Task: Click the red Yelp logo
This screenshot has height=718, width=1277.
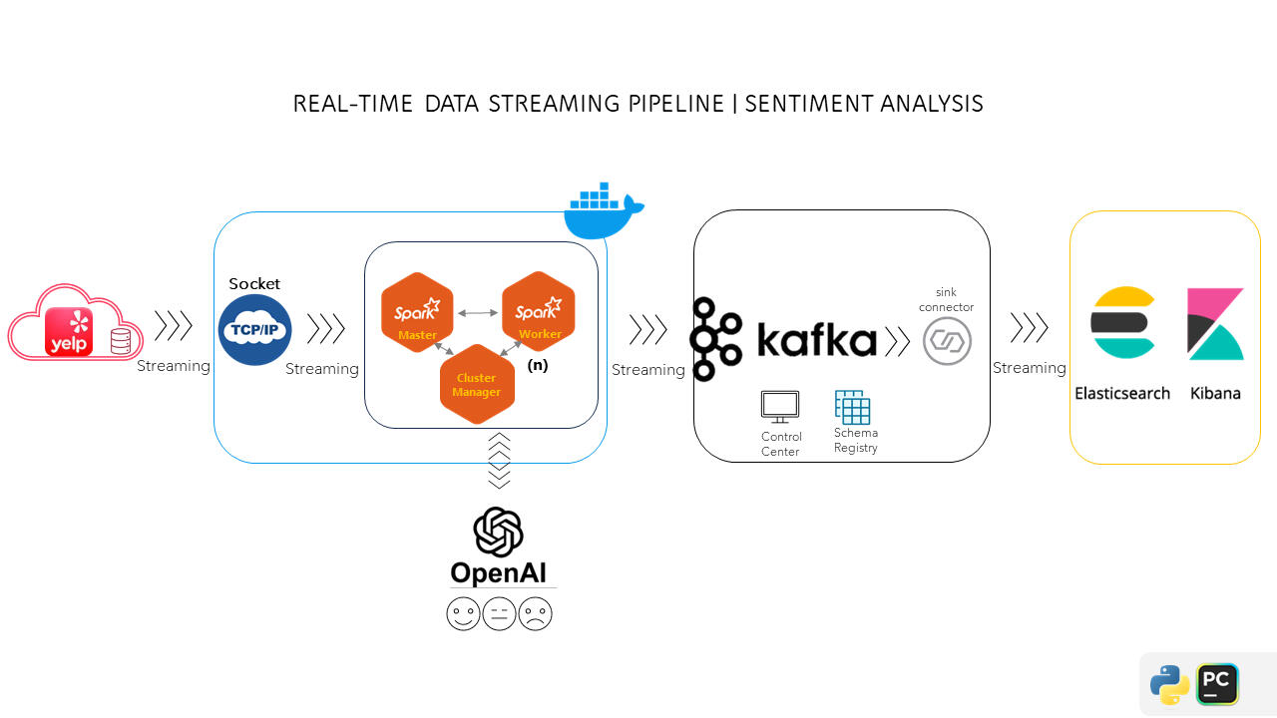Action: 69,331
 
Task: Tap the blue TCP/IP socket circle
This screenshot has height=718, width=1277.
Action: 254,329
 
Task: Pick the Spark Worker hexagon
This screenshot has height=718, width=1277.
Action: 539,311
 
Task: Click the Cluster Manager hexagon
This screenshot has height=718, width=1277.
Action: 477,384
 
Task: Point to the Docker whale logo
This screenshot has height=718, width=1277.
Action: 603,212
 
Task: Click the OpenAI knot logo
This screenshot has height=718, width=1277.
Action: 499,532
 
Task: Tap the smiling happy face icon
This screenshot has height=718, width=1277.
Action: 463,613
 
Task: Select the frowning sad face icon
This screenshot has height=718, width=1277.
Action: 536,613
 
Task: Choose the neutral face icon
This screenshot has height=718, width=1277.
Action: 499,613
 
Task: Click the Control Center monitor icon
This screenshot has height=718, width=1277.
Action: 780,407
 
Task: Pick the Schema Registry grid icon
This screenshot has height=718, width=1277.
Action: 853,407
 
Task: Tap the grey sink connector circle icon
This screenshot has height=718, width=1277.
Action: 947,341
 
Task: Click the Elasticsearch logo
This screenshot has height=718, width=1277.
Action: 1122,322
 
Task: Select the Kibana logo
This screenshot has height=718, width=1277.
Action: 1215,324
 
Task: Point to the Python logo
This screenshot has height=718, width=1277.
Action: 1169,685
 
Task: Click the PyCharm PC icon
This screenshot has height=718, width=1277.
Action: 1217,684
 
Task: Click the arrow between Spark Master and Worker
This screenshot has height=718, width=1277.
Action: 478,313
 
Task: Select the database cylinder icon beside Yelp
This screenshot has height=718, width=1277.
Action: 121,342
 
